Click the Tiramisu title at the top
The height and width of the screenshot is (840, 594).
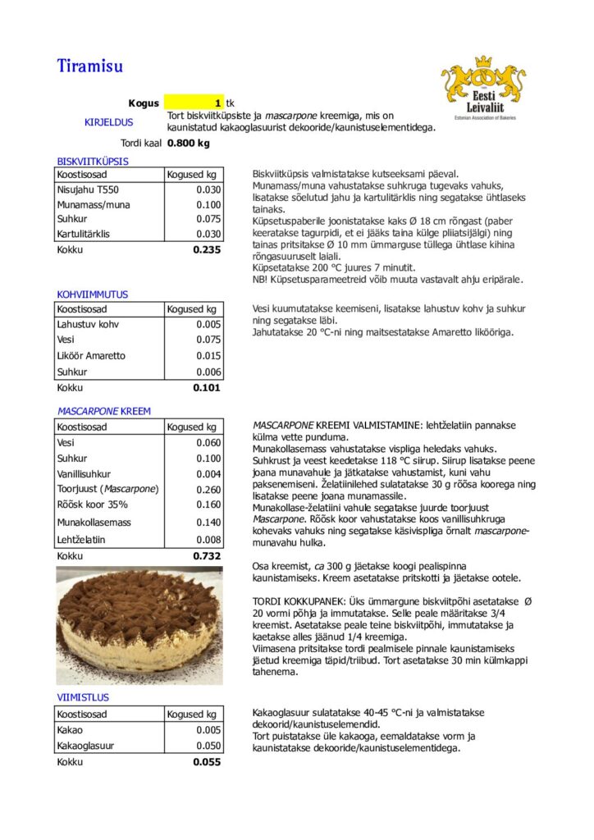(89, 66)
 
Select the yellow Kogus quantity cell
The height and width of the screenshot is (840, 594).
(194, 103)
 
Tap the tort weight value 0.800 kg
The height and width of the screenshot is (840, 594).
(189, 143)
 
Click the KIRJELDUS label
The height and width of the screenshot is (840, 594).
(108, 122)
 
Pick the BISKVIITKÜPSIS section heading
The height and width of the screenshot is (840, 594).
(93, 161)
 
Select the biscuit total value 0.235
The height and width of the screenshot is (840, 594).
(207, 249)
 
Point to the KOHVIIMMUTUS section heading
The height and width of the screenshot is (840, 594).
(93, 294)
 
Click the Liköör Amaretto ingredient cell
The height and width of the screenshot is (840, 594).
(91, 355)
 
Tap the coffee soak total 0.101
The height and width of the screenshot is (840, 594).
(207, 387)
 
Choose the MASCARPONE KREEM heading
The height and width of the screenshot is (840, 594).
(104, 411)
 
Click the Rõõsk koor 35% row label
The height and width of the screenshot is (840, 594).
(93, 504)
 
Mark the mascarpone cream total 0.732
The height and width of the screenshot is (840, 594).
(207, 556)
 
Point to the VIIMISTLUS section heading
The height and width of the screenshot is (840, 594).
(83, 697)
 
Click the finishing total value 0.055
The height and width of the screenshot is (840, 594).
(207, 762)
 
